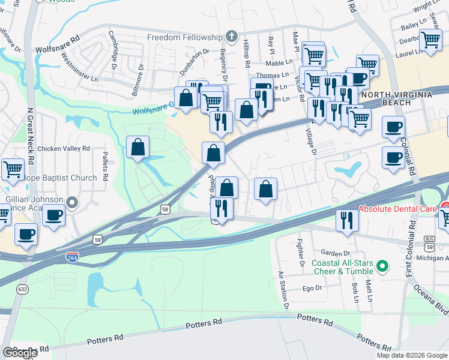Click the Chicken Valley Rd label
tap(63, 148)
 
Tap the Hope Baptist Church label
tap(59, 178)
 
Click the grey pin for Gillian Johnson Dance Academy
tap(73, 203)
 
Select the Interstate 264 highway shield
tap(72, 256)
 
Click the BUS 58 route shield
tap(429, 238)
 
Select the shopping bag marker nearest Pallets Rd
tap(138, 147)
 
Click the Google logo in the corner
tap(20, 353)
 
